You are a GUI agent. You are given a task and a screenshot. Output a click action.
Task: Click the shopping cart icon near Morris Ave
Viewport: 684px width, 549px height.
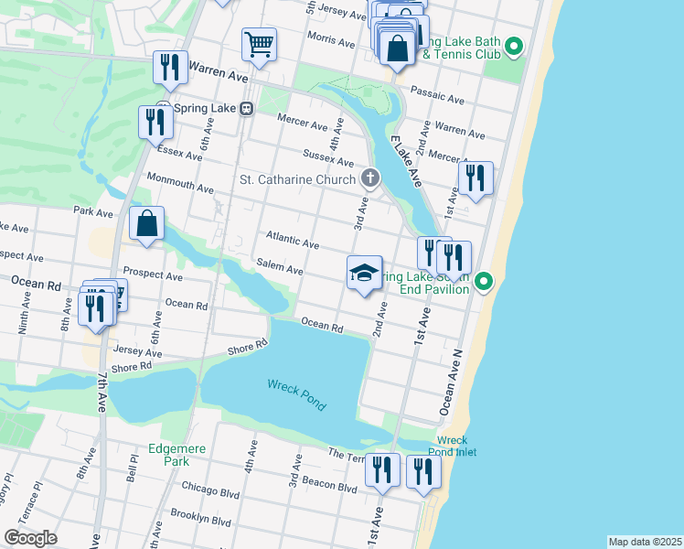point(260,44)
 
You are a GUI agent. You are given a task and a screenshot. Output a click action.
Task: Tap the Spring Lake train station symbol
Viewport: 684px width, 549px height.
point(246,109)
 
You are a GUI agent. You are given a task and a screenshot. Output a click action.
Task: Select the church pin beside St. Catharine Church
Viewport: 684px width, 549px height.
point(369,178)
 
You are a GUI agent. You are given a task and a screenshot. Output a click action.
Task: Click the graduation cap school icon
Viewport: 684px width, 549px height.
point(364,272)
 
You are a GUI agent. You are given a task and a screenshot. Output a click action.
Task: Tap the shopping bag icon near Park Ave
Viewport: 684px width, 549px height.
point(146,222)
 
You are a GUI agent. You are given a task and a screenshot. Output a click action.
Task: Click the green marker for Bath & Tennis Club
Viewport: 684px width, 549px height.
point(514,46)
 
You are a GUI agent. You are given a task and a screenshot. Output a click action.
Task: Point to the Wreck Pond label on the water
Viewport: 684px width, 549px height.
point(296,393)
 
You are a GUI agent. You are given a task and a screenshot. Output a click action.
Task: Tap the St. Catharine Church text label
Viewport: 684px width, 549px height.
point(296,178)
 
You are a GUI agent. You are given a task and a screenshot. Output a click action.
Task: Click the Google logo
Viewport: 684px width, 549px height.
point(30,537)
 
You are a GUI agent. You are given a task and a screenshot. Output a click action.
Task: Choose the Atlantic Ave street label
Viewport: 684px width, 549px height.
point(292,241)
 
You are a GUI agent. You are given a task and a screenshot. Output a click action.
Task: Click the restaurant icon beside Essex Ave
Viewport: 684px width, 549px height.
point(155,121)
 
